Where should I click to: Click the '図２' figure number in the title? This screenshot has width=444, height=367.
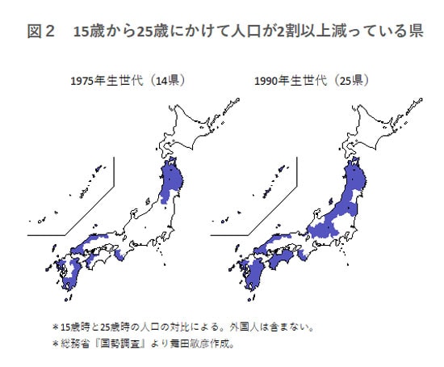(40, 33)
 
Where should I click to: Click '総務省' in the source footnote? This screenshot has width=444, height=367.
(77, 344)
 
